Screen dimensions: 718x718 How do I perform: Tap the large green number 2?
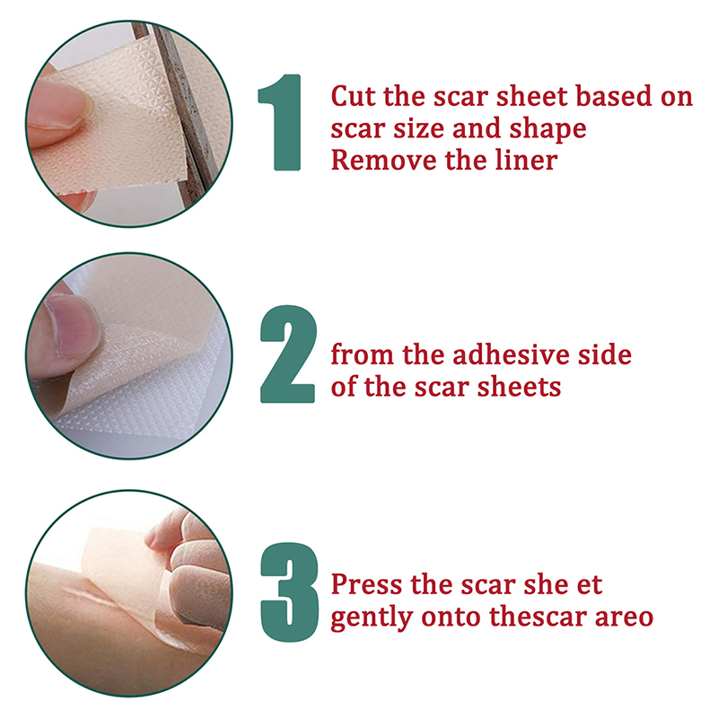(287, 354)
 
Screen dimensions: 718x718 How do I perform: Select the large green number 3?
(289, 591)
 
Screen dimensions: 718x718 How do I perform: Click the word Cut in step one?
(353, 96)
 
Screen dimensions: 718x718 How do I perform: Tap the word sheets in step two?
(520, 387)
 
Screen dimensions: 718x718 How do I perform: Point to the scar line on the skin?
(99, 599)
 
